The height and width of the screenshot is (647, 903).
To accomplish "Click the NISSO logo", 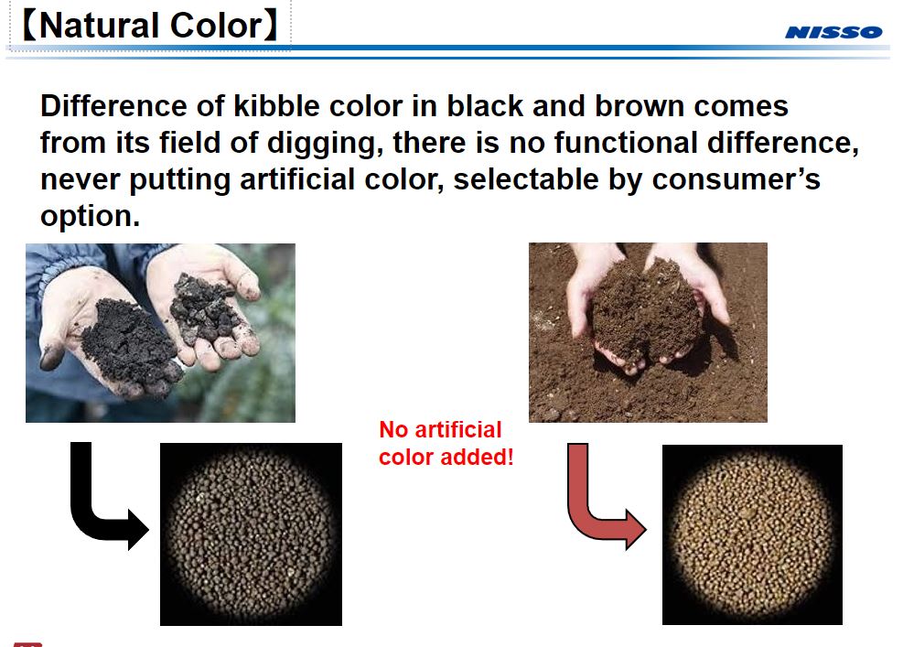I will (833, 32).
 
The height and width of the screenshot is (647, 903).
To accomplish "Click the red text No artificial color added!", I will (446, 443).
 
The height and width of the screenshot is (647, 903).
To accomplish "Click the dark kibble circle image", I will (251, 534).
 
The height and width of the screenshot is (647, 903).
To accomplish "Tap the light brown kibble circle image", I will (751, 534).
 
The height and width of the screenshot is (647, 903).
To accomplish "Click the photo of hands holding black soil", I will (160, 332).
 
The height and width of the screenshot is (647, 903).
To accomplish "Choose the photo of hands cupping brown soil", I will (648, 331).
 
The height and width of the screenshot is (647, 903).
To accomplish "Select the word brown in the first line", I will (639, 107).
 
